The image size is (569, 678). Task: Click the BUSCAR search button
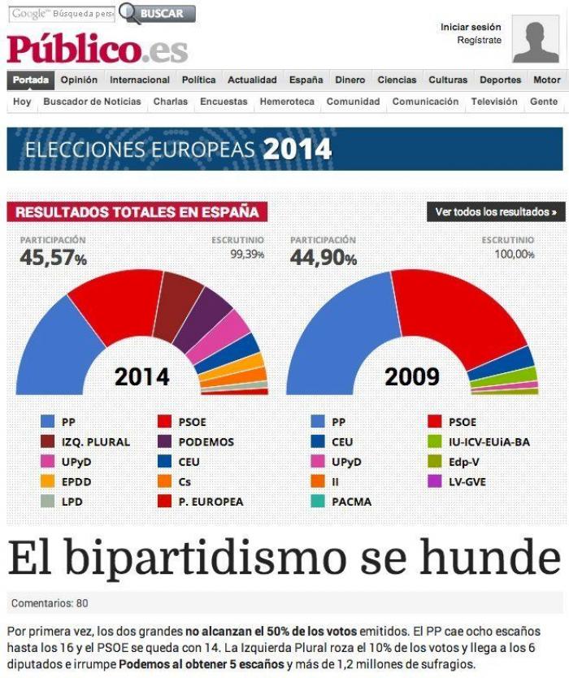pos(158,13)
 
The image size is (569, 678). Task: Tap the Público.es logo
pos(98,49)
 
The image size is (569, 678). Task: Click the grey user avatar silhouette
pos(535,39)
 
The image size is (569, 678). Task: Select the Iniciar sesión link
pos(471,27)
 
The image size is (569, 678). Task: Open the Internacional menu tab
pos(140,80)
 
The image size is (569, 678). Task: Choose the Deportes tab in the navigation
pos(500,80)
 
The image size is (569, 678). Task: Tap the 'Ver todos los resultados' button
pos(496,212)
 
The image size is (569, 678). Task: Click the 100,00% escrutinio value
pos(515,254)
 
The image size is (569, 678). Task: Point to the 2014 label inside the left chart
pos(141,376)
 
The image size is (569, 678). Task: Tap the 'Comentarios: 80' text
pos(50,603)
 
